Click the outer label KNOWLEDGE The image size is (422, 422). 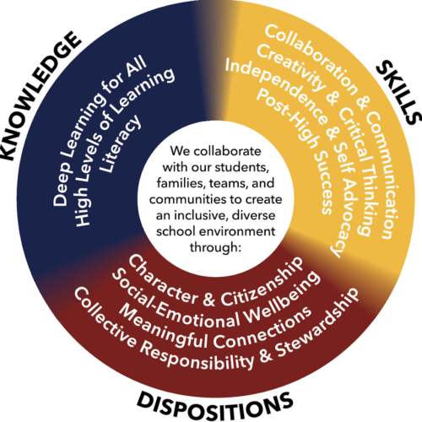coord(40,95)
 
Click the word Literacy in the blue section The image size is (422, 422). coord(121,143)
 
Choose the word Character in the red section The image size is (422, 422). coord(162,279)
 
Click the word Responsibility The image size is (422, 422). coord(197,357)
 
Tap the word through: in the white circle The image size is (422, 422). coord(216,247)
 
